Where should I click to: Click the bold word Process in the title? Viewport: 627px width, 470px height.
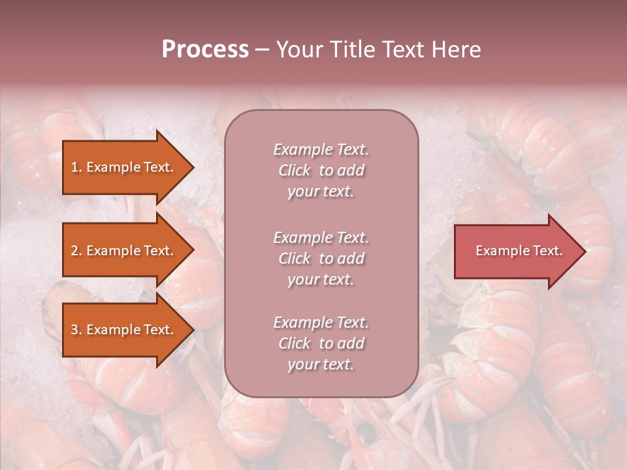pyautogui.click(x=205, y=50)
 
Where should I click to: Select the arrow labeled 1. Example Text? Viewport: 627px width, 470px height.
pyautogui.click(x=124, y=167)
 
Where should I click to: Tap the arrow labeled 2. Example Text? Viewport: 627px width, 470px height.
pyautogui.click(x=124, y=251)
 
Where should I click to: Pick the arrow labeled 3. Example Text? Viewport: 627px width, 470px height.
pyautogui.click(x=124, y=330)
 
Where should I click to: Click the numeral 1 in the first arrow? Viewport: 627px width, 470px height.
pyautogui.click(x=74, y=167)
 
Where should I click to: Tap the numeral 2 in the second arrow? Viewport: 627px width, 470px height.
pyautogui.click(x=74, y=251)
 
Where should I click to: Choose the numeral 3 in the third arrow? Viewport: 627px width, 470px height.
pyautogui.click(x=74, y=330)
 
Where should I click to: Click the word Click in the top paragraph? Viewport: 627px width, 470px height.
pyautogui.click(x=295, y=170)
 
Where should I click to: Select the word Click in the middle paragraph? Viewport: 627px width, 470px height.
pyautogui.click(x=295, y=258)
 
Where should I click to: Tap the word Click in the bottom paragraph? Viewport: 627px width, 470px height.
pyautogui.click(x=295, y=343)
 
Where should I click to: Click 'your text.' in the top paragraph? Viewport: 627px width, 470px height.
pyautogui.click(x=321, y=192)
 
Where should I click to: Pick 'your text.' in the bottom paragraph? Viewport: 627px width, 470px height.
pyautogui.click(x=321, y=365)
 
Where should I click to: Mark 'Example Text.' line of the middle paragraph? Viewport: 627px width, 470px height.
pyautogui.click(x=321, y=238)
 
